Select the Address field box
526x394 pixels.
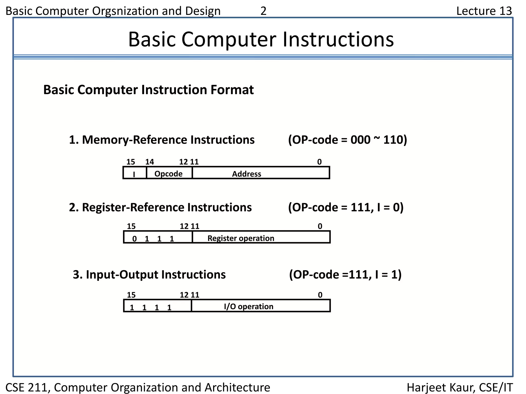click(x=260, y=173)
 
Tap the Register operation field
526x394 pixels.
click(x=261, y=238)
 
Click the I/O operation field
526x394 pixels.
click(x=260, y=306)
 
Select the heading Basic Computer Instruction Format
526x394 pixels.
click(x=148, y=90)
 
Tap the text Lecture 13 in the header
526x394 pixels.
click(x=484, y=11)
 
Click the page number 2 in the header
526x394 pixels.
click(x=263, y=11)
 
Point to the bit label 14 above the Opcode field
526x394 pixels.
click(x=149, y=162)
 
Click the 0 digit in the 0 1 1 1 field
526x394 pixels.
click(x=134, y=239)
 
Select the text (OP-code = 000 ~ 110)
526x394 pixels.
click(x=347, y=140)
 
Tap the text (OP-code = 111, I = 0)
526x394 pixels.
click(x=346, y=207)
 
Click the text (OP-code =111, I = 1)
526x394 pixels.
click(x=345, y=274)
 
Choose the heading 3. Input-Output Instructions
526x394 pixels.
click(x=149, y=274)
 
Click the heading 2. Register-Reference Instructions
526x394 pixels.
click(x=160, y=207)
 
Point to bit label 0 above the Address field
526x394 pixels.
click(x=319, y=162)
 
